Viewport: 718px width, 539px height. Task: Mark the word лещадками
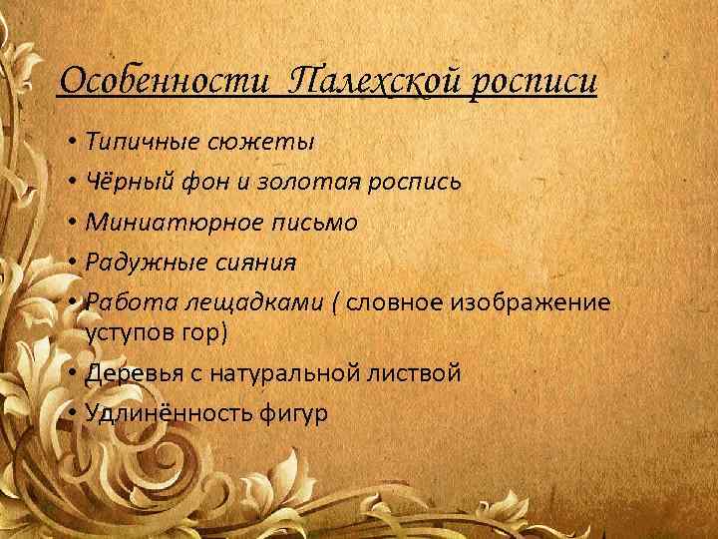click(226, 303)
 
